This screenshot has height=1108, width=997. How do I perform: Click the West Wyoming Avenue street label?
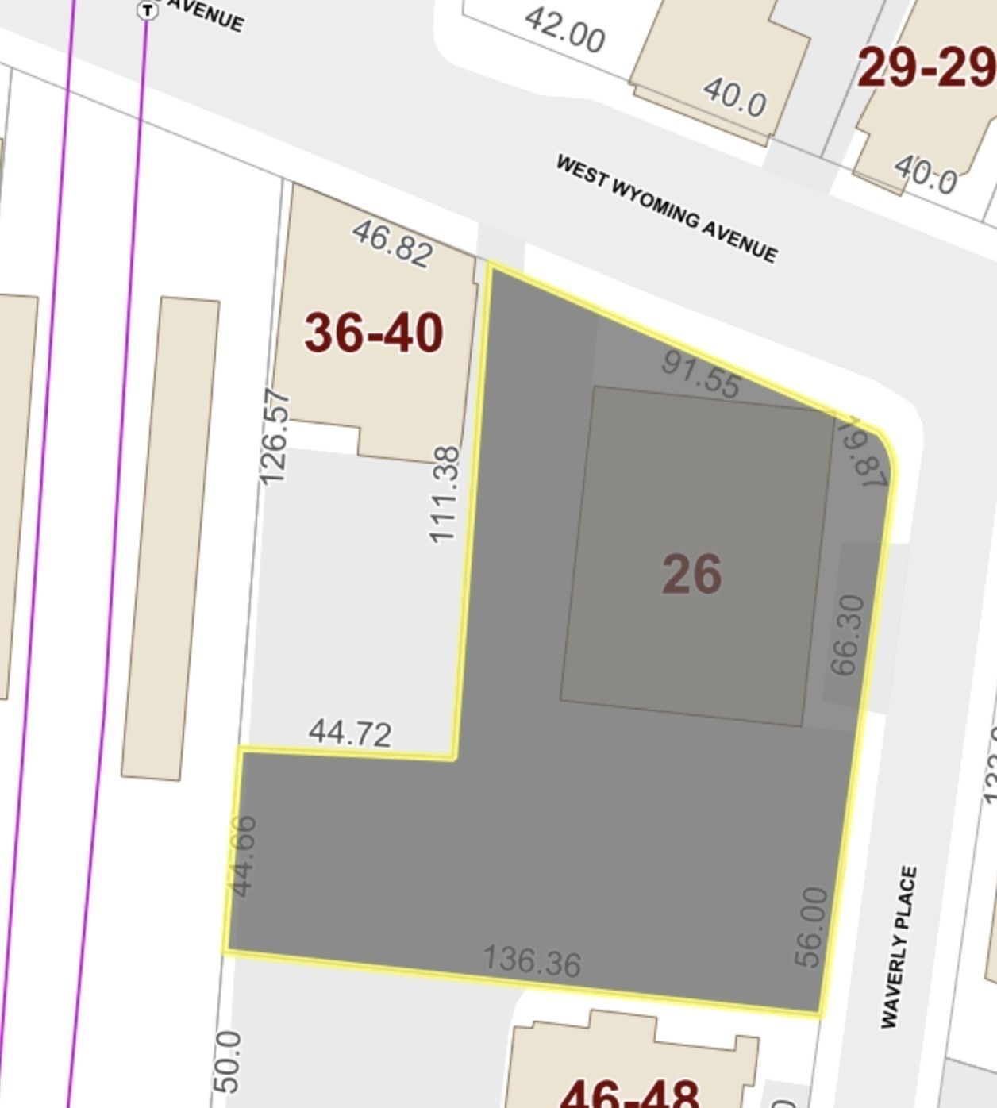click(666, 208)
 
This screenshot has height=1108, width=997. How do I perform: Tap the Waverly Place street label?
click(899, 946)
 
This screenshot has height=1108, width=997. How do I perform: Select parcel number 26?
click(691, 574)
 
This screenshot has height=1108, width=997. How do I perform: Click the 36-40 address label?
click(373, 332)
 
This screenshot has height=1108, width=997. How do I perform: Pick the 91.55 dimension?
click(701, 375)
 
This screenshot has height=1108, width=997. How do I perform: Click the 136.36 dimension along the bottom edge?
click(532, 960)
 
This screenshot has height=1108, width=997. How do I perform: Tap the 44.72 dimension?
click(350, 733)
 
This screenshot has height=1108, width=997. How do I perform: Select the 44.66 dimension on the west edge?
click(243, 856)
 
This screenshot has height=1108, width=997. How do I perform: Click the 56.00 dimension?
click(812, 926)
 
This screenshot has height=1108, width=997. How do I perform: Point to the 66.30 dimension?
click(846, 635)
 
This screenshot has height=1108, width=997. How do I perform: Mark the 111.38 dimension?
click(445, 494)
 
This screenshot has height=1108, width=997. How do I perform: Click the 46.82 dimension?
click(393, 243)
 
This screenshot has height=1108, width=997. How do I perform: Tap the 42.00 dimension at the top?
click(564, 30)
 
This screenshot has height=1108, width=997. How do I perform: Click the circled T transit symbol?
click(147, 10)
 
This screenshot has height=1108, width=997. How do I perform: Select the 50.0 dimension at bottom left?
click(227, 1062)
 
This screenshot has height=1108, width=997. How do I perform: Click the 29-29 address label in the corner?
click(926, 68)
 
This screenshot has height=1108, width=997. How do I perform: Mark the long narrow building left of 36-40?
click(170, 538)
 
